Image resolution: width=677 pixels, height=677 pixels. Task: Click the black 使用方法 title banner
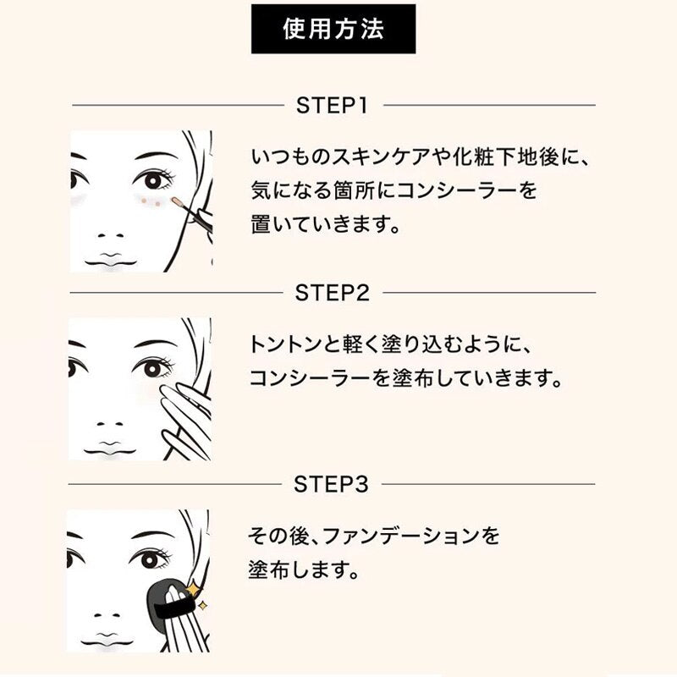(333, 29)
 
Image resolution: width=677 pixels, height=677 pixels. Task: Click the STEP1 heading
(332, 105)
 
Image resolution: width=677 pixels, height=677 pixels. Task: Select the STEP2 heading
(332, 293)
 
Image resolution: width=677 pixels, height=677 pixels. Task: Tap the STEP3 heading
(331, 484)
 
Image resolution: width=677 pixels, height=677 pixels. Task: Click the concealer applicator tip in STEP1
(177, 201)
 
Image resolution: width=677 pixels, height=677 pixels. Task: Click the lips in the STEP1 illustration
(110, 261)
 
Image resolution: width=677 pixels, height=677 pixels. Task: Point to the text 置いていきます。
(326, 224)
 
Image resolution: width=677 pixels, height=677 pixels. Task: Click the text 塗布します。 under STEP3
(304, 570)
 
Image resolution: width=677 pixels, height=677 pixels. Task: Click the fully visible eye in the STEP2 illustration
(153, 367)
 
